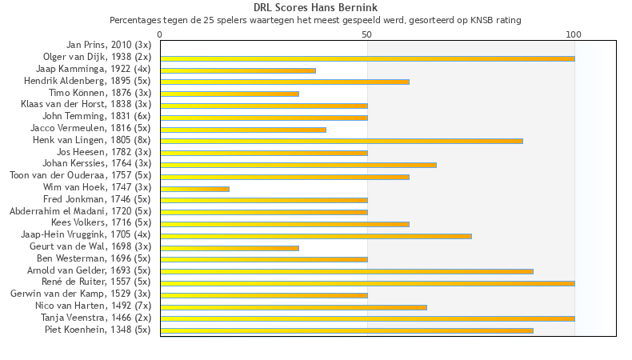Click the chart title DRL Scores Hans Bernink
coord(315,8)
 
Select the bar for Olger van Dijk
coord(367,58)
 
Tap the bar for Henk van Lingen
coord(342,141)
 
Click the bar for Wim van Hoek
coord(194,189)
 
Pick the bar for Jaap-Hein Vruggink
coord(316,236)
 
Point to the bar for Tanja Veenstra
coord(367,318)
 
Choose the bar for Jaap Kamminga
coord(238,70)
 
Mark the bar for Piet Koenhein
coord(346,330)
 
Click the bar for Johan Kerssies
coord(298,165)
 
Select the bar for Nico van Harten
coord(294,306)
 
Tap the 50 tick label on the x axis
coord(367,35)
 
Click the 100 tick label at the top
coord(574,35)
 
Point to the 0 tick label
coord(160,35)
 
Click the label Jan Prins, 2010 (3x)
coord(108,45)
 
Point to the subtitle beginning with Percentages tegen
coord(315,20)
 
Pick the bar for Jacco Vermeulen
coord(243,130)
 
